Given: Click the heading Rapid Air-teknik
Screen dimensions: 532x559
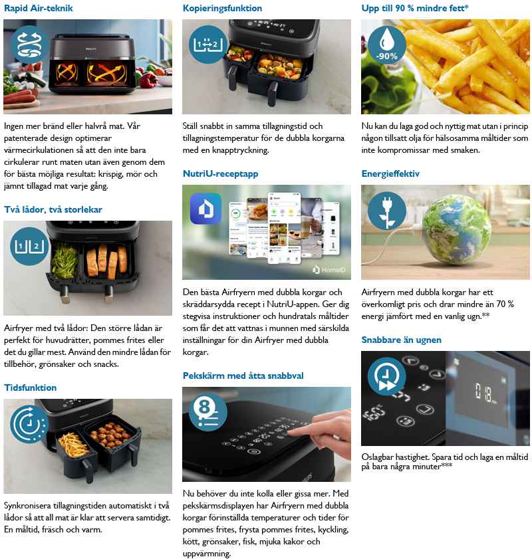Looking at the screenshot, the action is pos(38,8).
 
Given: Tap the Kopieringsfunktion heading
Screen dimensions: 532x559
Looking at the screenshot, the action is pos(222,8).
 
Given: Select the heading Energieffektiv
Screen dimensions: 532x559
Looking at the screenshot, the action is pos(390,173).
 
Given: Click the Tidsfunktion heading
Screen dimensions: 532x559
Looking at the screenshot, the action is pos(31,388).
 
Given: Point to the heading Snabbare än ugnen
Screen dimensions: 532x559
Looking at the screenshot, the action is pos(401,340).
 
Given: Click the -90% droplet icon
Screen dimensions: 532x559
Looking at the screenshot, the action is pos(387,45).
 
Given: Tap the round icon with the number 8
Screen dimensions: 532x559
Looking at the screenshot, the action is pos(208,411).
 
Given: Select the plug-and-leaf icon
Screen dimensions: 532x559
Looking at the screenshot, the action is pos(387,211).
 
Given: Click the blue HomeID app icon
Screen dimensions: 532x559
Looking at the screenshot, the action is pos(205,209).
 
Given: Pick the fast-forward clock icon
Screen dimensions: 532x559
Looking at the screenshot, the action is pos(387,376).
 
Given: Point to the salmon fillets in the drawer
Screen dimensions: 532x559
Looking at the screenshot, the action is pos(107,261).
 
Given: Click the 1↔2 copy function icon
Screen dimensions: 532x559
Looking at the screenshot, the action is pos(208,45).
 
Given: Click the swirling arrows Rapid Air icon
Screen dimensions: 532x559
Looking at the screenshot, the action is pos(29,45).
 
